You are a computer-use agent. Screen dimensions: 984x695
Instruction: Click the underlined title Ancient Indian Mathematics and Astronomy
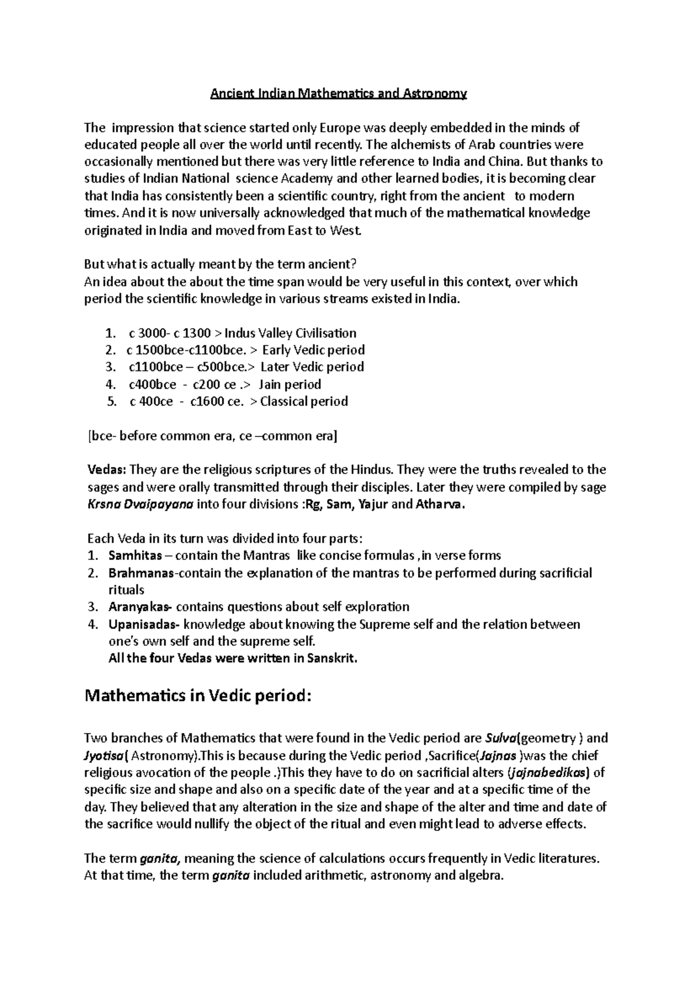(338, 93)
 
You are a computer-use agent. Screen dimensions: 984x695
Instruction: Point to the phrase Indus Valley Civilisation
(290, 333)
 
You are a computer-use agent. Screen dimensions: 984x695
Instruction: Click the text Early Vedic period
(313, 350)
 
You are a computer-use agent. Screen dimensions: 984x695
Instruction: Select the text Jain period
(290, 384)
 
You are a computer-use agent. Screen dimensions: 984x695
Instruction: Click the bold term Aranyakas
(140, 607)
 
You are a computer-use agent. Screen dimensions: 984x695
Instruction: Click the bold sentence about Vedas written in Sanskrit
(233, 658)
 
